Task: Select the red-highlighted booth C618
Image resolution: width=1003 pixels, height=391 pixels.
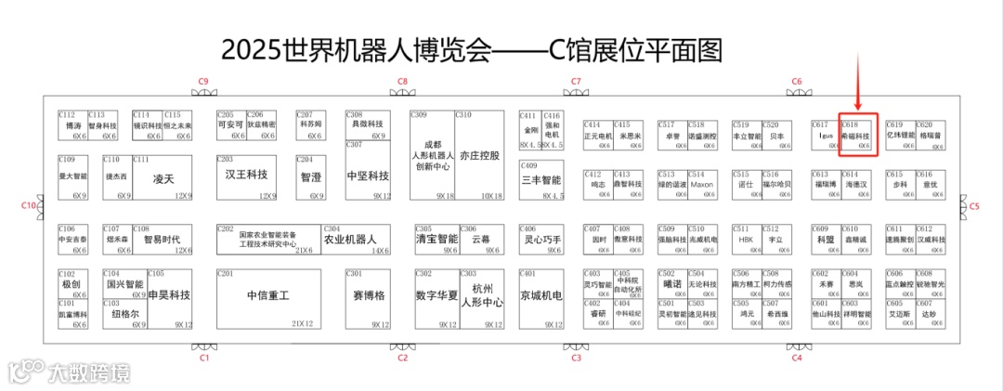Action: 857,136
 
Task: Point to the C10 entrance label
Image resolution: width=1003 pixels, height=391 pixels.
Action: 29,205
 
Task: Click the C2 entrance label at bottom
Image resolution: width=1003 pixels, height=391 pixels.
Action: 402,357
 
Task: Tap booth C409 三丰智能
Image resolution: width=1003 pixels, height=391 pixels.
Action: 541,180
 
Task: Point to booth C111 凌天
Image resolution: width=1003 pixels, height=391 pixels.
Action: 163,177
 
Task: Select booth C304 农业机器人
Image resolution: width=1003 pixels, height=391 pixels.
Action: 357,239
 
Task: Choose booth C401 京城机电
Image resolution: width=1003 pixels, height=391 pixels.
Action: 541,297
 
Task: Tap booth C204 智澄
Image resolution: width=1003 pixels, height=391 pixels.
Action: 311,176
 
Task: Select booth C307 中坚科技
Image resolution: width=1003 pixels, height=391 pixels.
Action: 368,176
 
